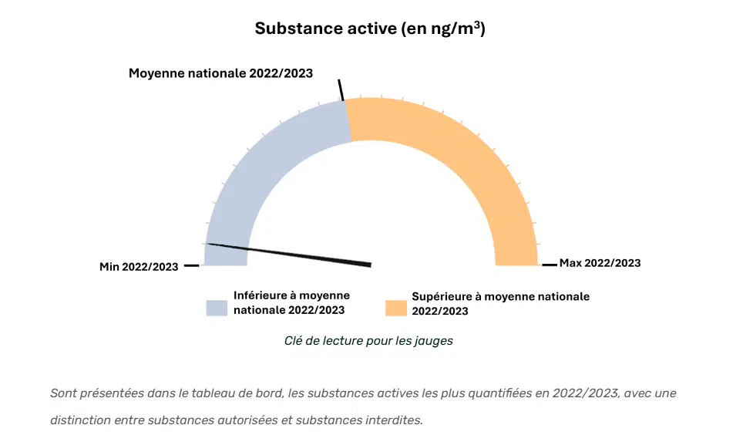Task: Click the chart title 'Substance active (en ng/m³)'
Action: tap(370, 29)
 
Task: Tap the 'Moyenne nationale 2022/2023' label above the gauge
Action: tap(220, 73)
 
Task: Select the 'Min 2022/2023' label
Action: tap(139, 267)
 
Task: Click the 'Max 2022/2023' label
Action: tap(600, 263)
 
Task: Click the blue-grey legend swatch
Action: tap(217, 307)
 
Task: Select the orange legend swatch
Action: tap(395, 307)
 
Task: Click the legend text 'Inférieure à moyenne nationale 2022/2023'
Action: tap(291, 302)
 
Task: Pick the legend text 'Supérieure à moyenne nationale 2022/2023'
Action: tap(500, 303)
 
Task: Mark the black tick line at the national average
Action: tap(341, 89)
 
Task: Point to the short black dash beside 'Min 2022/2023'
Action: tap(192, 266)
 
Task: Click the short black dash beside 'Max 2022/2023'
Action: tap(549, 265)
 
